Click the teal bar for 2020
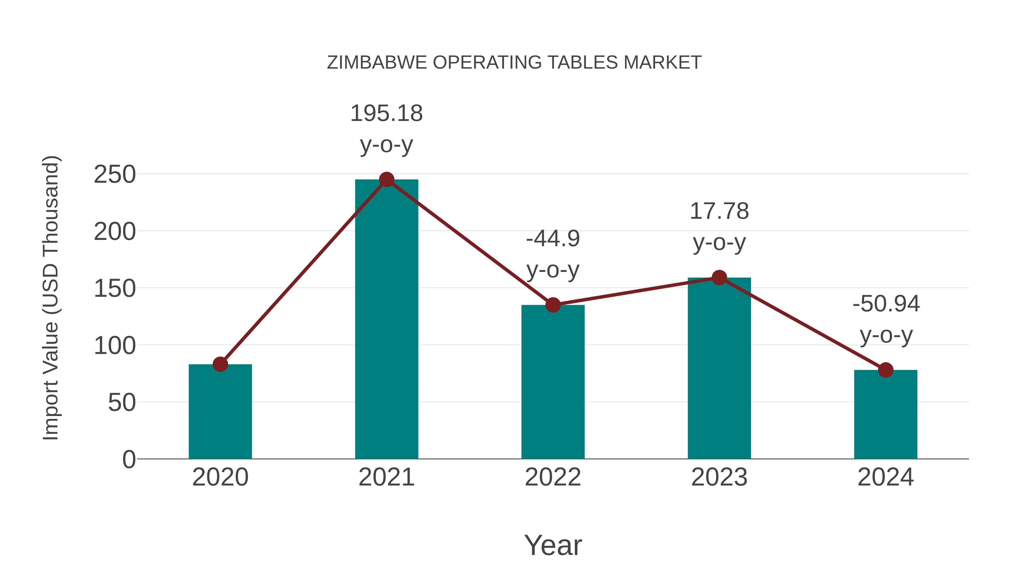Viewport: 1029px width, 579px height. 220,411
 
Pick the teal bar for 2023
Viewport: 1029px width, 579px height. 719,368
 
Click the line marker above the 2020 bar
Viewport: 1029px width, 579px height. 220,364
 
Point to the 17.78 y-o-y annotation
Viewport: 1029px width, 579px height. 719,226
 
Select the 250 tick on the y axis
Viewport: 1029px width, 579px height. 115,175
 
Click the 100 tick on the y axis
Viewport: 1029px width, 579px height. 115,346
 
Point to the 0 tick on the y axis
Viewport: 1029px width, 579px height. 129,459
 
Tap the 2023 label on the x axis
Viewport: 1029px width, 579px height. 719,477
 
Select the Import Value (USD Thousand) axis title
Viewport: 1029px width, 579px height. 51,298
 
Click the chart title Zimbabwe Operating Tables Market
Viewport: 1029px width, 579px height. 514,62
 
